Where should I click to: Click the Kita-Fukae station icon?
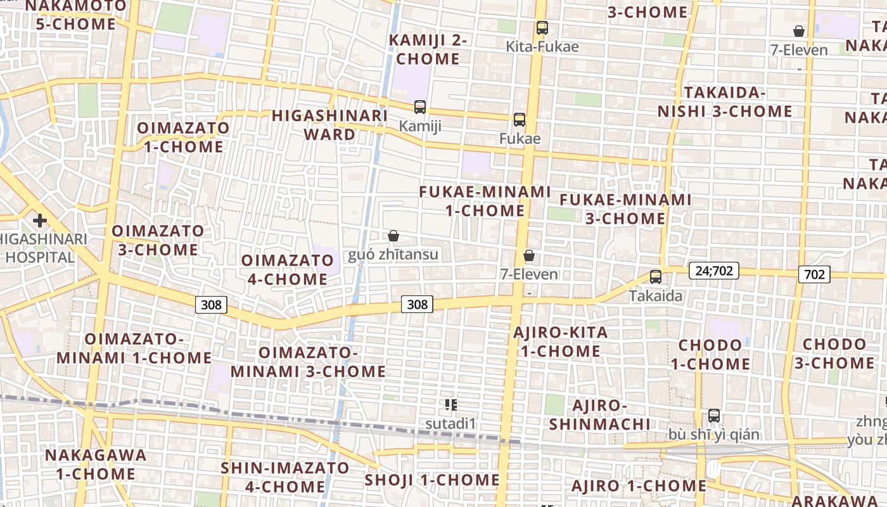click(x=542, y=28)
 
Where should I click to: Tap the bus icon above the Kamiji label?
click(x=420, y=107)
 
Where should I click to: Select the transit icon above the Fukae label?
click(x=520, y=119)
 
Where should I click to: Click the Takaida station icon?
click(x=656, y=277)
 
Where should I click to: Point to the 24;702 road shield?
click(x=714, y=271)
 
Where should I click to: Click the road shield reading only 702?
click(x=814, y=274)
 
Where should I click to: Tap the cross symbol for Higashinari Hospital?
click(x=40, y=221)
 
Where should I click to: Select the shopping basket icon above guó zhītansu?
click(x=393, y=236)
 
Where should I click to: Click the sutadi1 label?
click(x=450, y=423)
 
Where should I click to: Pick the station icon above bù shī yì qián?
click(x=714, y=416)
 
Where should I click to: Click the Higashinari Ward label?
click(x=329, y=125)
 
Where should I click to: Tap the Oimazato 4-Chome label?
click(x=288, y=269)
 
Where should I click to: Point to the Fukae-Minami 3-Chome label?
click(x=625, y=209)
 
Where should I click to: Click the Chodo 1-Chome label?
click(x=710, y=354)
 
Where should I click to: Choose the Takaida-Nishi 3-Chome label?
click(x=725, y=102)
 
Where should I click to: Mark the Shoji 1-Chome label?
click(x=432, y=480)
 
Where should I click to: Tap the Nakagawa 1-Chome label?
click(x=96, y=464)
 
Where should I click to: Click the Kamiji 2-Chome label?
click(x=428, y=49)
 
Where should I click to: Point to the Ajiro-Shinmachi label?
click(x=599, y=414)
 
